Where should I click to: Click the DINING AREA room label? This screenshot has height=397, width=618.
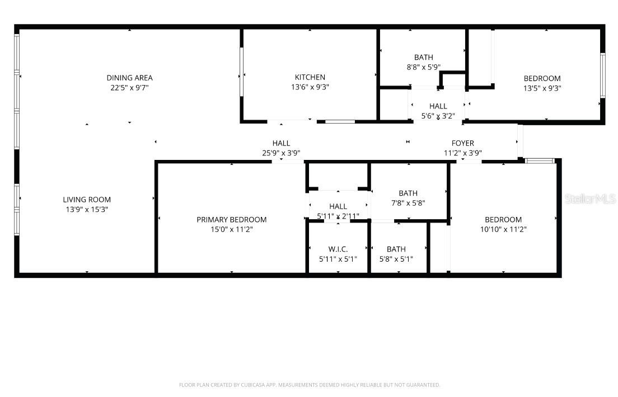click(129, 78)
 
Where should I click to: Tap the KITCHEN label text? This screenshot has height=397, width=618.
click(310, 77)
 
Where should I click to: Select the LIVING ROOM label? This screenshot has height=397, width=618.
click(87, 200)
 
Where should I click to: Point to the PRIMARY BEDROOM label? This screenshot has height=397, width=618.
click(231, 220)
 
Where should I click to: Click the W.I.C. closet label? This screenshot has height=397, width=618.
click(338, 249)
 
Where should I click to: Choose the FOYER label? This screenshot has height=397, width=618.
click(463, 143)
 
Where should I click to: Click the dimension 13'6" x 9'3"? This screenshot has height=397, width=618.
click(310, 87)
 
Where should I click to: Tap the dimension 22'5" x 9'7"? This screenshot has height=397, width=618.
click(129, 88)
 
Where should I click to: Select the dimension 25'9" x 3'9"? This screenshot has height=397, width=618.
click(281, 153)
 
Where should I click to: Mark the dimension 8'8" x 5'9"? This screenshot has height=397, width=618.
click(423, 67)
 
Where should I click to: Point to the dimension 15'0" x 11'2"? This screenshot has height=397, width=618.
click(231, 229)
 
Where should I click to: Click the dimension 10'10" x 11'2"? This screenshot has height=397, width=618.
click(503, 229)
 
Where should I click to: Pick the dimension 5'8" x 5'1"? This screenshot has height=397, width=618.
click(396, 259)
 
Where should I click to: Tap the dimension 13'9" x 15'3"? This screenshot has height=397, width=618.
click(87, 210)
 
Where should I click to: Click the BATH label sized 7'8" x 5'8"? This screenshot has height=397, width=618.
click(408, 193)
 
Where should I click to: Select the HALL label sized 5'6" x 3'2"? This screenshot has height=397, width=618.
click(438, 106)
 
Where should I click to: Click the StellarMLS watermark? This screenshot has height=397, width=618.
click(590, 199)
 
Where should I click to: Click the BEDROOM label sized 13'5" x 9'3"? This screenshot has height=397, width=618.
click(542, 78)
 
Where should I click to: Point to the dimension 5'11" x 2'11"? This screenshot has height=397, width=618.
click(338, 216)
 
